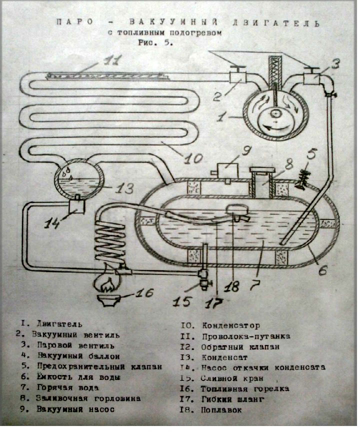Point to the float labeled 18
click(235, 213)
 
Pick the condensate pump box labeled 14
click(76, 203)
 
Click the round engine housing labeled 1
click(275, 114)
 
